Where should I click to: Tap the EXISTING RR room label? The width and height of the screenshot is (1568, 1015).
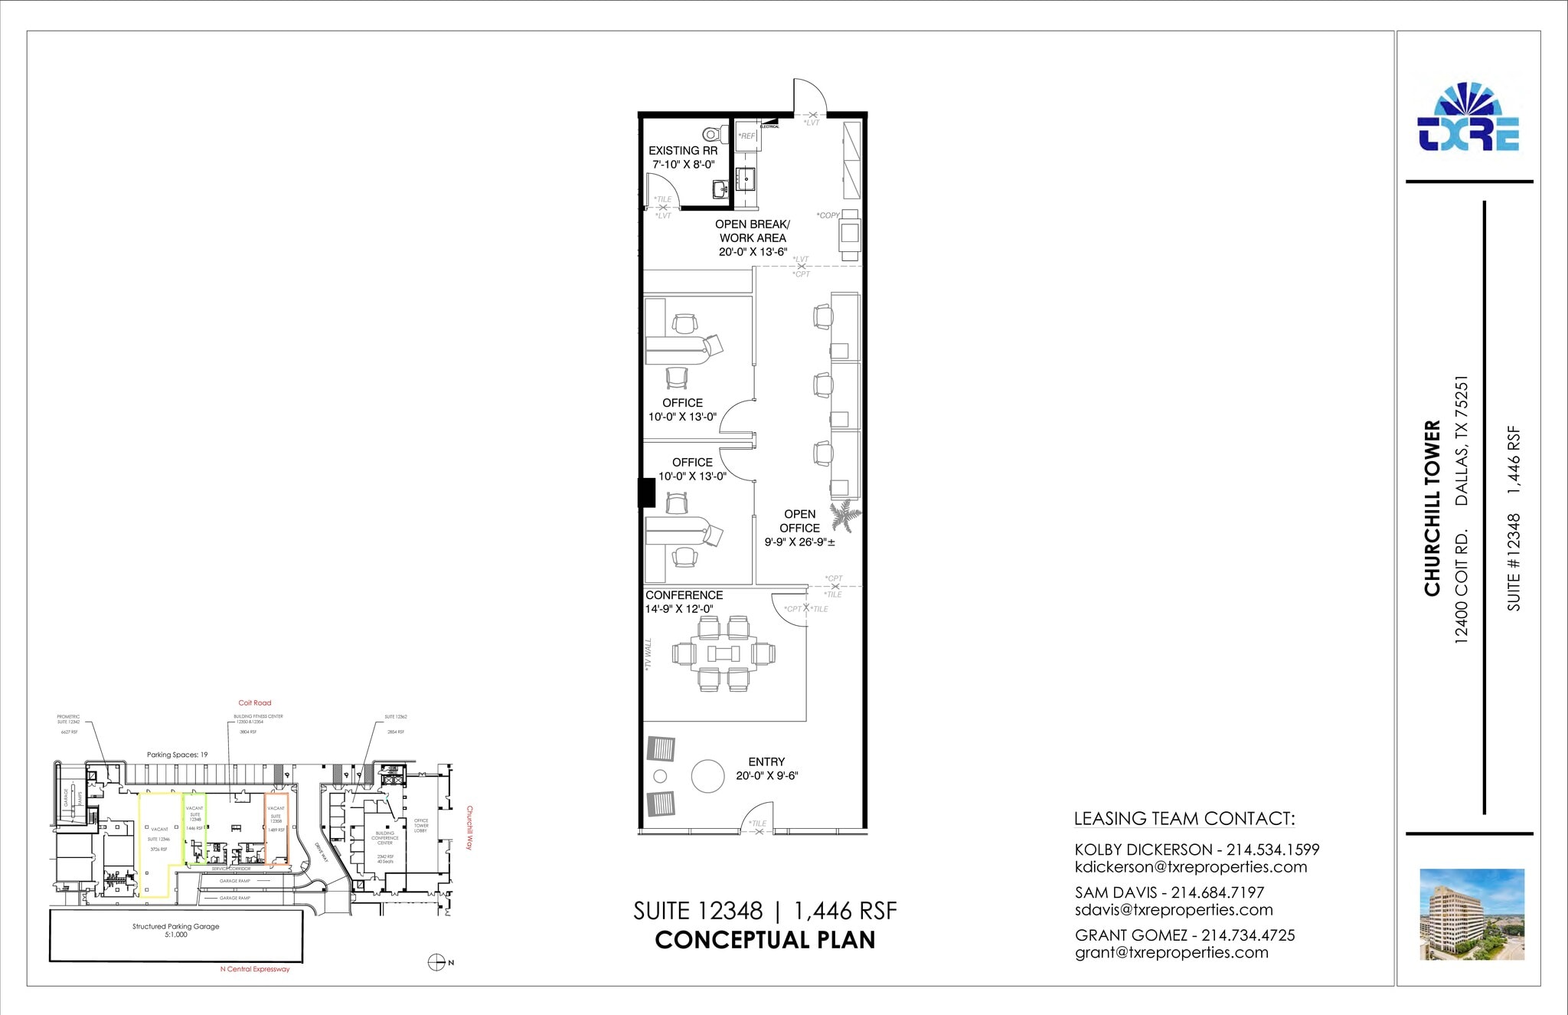[x=683, y=151]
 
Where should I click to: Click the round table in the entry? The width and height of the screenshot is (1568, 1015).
[x=707, y=776]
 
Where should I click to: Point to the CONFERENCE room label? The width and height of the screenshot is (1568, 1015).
[x=684, y=595]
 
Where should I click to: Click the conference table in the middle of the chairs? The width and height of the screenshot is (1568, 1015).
[x=724, y=653]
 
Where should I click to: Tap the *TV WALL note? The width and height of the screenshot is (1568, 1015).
[x=648, y=655]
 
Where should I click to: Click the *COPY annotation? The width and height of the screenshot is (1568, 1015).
[x=828, y=215]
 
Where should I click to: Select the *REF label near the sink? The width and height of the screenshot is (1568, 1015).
[x=746, y=136]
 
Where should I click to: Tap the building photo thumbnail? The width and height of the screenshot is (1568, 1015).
[x=1472, y=914]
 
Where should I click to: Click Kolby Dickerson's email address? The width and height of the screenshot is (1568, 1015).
[x=1191, y=867]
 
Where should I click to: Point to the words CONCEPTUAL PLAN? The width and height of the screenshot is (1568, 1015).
[x=765, y=940]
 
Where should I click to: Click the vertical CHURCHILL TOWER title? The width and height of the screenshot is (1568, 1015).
[x=1432, y=508]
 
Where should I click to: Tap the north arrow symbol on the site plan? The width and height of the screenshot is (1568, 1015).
[x=437, y=962]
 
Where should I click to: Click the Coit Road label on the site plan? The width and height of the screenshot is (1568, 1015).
[x=255, y=702]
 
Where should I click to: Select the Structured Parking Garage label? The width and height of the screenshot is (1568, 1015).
[x=175, y=926]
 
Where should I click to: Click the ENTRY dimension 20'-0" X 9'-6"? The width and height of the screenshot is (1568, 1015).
[x=766, y=775]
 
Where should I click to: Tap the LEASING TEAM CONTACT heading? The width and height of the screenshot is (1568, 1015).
[x=1184, y=818]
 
